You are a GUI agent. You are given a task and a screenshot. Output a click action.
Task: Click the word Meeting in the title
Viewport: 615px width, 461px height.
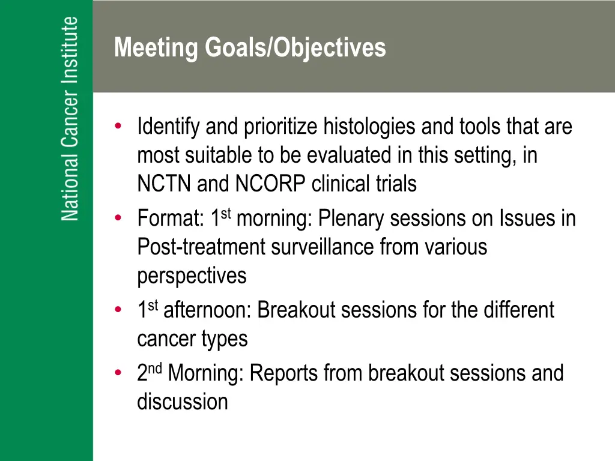pos(156,48)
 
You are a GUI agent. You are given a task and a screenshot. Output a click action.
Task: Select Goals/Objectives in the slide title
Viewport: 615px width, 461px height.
pos(295,48)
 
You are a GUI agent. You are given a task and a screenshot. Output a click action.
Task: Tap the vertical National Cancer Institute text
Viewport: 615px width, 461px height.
pos(70,119)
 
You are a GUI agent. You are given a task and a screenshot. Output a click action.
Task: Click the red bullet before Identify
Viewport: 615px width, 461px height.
pos(118,126)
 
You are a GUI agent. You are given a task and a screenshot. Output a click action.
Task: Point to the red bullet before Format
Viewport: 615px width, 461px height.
pos(118,217)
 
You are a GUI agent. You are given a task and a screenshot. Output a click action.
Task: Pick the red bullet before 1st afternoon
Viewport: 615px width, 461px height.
pos(118,309)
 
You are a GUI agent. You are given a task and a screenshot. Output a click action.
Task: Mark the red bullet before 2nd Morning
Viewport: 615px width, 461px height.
pos(118,372)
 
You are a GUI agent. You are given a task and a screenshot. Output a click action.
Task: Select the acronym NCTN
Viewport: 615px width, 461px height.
pos(164,184)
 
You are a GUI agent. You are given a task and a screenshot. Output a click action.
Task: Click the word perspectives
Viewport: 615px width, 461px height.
pos(192,276)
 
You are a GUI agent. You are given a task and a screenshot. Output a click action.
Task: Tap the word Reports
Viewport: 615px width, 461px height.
pos(283,373)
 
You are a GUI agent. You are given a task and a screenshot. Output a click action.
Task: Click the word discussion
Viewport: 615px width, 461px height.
pos(183,402)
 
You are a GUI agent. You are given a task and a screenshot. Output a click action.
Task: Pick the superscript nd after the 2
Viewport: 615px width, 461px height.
pos(155,369)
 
